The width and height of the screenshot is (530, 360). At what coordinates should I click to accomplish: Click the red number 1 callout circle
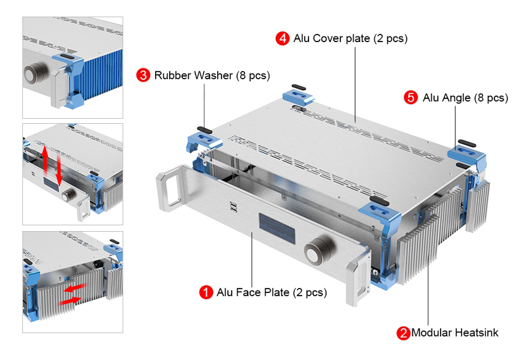coord(206,292)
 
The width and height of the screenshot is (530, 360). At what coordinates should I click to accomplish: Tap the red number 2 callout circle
coord(403,333)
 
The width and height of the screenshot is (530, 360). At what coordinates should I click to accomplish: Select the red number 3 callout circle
coord(144,75)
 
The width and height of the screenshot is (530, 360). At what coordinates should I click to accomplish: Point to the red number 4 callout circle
coord(283,38)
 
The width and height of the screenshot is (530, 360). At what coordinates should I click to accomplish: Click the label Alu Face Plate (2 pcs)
coord(271,292)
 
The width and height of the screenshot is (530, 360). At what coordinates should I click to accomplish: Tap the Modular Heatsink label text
coord(454,333)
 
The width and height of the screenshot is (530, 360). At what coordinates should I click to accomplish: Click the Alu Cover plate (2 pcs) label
coord(350,38)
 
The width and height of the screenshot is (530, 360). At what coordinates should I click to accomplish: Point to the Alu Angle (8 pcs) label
coord(465,98)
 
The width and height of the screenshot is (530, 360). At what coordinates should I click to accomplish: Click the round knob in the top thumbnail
coord(33,74)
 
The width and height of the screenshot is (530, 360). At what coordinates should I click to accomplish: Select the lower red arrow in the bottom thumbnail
coord(68,300)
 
